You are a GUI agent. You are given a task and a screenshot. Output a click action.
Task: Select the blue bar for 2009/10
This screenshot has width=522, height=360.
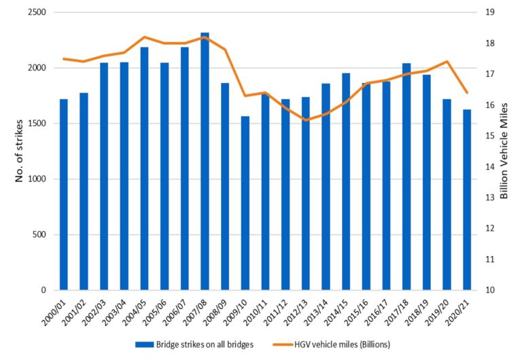pyautogui.click(x=245, y=203)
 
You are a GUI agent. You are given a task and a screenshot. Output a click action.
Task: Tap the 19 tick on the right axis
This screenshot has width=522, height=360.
pyautogui.click(x=489, y=12)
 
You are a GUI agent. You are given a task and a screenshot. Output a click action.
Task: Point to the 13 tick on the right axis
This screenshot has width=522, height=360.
pyautogui.click(x=489, y=198)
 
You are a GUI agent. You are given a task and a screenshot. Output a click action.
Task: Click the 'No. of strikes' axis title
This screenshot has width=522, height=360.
pyautogui.click(x=20, y=151)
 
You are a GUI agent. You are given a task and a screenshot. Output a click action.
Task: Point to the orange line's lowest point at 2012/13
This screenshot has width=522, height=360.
pyautogui.click(x=305, y=120)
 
